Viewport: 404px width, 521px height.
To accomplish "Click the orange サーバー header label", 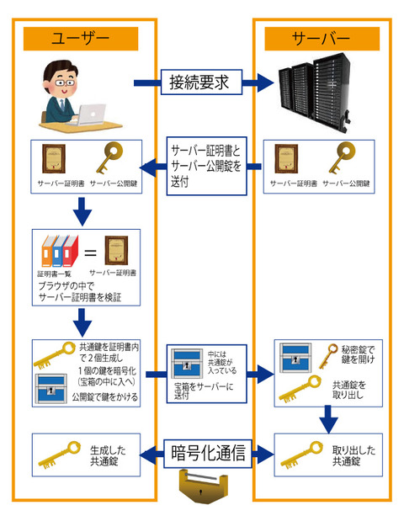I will pos(320,39).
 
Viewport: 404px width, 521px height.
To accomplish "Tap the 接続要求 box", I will pos(201,82).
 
